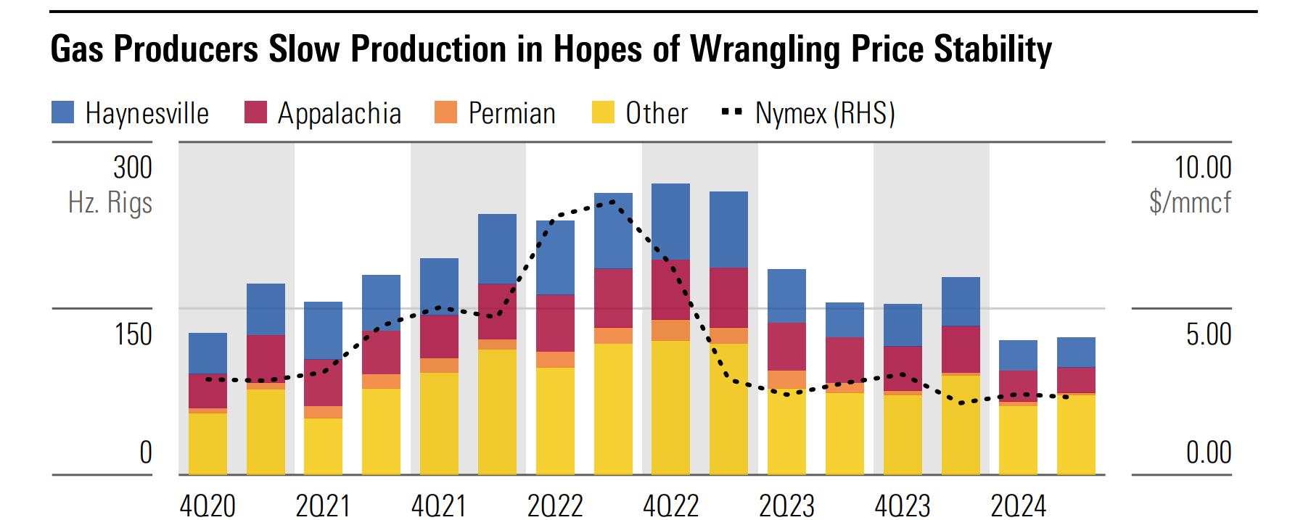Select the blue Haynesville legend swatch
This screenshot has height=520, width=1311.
[63, 112]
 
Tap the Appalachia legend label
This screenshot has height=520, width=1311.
[339, 114]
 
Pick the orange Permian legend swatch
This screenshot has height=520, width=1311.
[445, 112]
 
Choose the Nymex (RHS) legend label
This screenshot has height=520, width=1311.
[825, 114]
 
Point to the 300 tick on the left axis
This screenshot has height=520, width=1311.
[133, 168]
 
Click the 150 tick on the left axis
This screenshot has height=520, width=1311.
[133, 334]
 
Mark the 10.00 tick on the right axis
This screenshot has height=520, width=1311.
[1202, 168]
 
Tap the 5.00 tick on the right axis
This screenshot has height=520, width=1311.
[1208, 334]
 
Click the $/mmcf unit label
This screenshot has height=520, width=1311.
[1190, 202]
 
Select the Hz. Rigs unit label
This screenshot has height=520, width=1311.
[110, 202]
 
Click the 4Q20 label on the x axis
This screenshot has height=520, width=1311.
[207, 505]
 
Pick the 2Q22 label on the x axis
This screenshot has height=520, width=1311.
[555, 505]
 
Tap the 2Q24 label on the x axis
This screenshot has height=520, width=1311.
[1018, 505]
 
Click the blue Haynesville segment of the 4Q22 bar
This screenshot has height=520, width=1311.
[670, 221]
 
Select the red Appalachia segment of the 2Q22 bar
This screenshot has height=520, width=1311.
[555, 323]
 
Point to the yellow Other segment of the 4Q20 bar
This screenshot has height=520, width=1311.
[207, 444]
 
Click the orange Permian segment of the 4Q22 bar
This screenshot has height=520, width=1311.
[670, 330]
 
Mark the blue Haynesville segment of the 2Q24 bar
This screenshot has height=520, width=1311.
[1018, 355]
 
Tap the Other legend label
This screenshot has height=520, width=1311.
[657, 114]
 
